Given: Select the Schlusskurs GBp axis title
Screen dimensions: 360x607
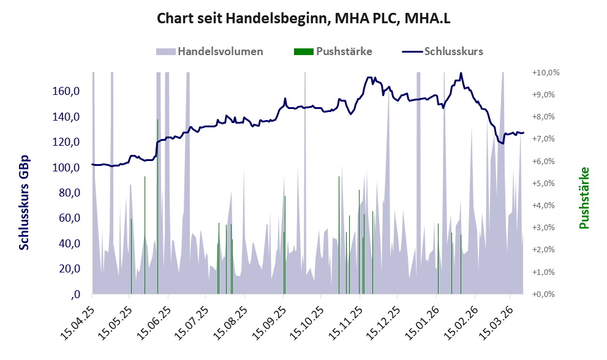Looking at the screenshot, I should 25,203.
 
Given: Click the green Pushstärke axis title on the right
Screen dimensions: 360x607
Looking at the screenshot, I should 584,198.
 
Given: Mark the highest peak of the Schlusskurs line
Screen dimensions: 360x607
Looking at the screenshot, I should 461,74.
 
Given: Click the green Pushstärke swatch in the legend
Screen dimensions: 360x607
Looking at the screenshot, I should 303,51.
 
